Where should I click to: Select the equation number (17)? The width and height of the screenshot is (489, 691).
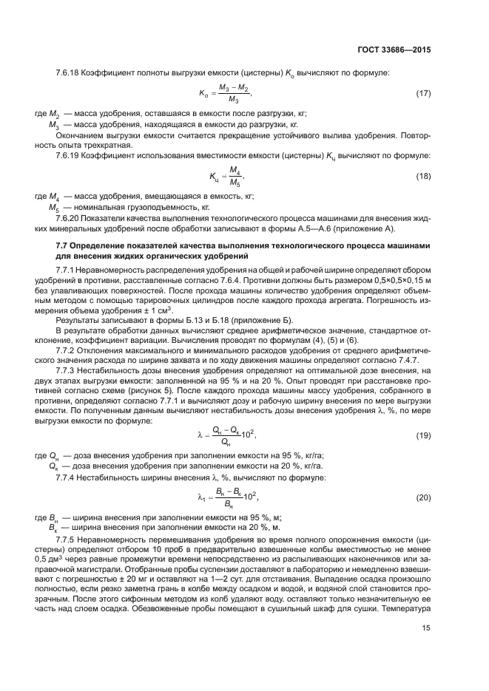click(x=423, y=94)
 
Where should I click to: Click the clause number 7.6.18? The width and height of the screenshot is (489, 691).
click(x=68, y=73)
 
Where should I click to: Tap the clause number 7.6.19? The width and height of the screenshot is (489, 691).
click(x=68, y=156)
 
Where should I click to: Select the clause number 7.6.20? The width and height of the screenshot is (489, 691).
click(x=68, y=219)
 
